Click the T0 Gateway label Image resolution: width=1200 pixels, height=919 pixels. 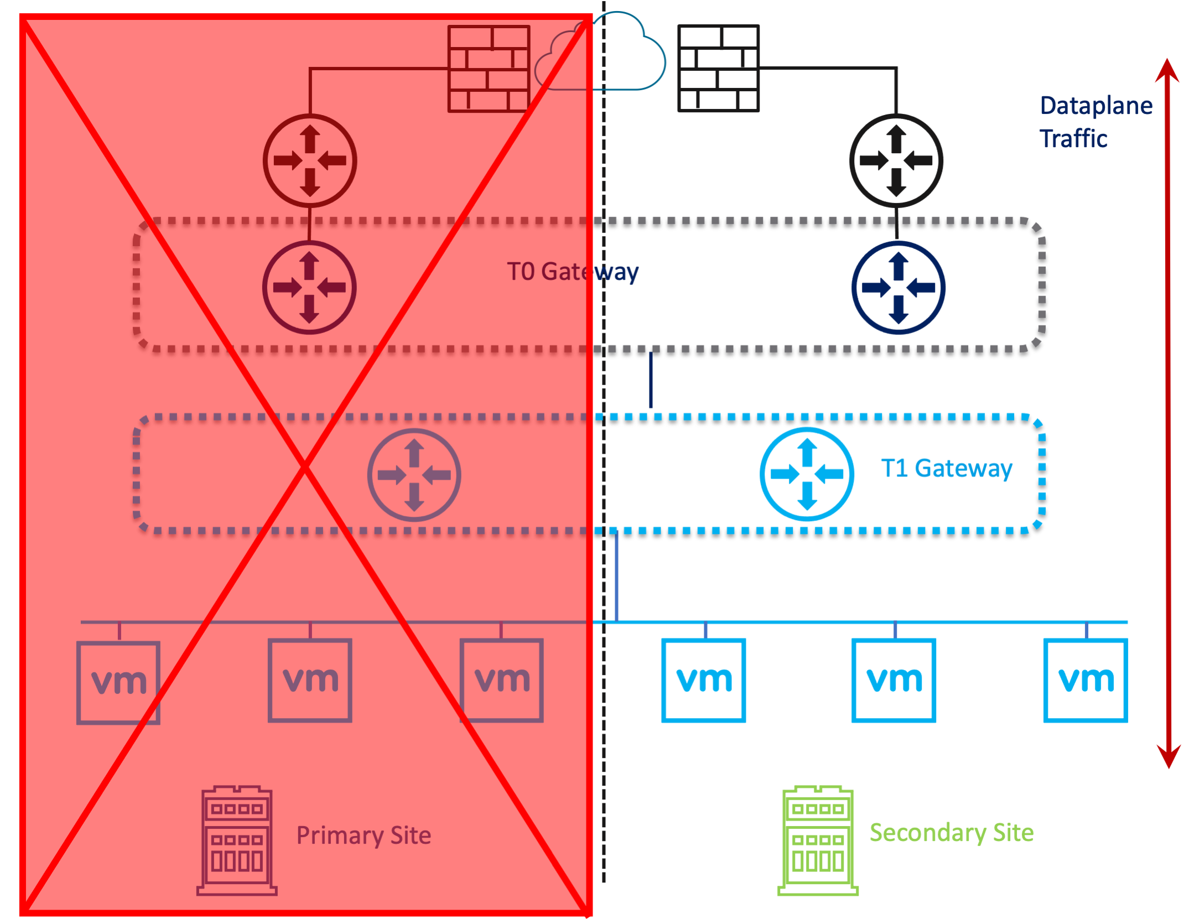[572, 272]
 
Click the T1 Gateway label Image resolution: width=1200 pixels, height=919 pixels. [946, 468]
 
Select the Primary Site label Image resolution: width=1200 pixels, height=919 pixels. [363, 835]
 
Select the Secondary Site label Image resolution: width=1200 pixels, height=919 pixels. [950, 832]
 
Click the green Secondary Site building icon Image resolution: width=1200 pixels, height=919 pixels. [817, 839]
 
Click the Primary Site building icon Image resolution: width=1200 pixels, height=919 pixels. [237, 839]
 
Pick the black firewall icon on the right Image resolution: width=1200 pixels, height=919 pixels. [718, 69]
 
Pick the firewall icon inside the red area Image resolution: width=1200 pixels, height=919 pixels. [488, 69]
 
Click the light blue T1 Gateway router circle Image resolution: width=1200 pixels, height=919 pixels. [806, 474]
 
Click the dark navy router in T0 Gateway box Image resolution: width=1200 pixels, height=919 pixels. [897, 288]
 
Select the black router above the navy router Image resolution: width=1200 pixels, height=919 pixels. [895, 160]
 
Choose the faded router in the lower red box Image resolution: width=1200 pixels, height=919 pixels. [414, 475]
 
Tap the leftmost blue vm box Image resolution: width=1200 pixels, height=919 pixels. [703, 680]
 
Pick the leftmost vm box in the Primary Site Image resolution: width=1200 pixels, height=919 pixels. [118, 682]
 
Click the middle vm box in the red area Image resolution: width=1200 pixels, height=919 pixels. [310, 680]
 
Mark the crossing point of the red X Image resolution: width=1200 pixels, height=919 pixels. [305, 468]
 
